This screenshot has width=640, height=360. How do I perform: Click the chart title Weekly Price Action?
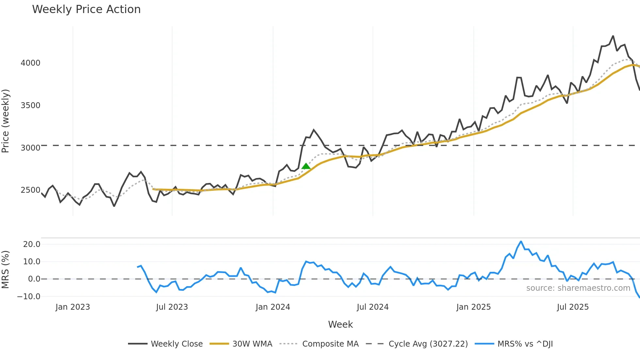coord(86,9)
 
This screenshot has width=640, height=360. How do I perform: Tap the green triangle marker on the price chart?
coord(306,166)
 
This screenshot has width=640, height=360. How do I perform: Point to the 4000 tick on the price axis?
coord(30,63)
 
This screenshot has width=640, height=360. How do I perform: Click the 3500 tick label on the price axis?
coord(30,106)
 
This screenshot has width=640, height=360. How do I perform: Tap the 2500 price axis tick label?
coord(30,190)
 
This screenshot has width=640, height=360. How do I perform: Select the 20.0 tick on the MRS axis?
coord(32,244)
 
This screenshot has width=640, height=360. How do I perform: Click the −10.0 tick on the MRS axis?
coord(29,297)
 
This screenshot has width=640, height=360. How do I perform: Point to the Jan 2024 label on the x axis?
coord(273,307)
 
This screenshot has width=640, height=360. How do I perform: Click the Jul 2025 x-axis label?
coord(573,307)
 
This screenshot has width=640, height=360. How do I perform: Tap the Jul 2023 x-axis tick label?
coord(172,307)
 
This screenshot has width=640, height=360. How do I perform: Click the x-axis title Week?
coord(340,324)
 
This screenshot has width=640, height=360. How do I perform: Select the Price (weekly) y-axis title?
coord(6,121)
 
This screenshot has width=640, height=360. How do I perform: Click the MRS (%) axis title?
coord(6,270)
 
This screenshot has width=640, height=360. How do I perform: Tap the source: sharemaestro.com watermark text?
coord(578,288)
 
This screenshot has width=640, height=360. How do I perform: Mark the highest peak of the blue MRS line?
coord(521,242)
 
